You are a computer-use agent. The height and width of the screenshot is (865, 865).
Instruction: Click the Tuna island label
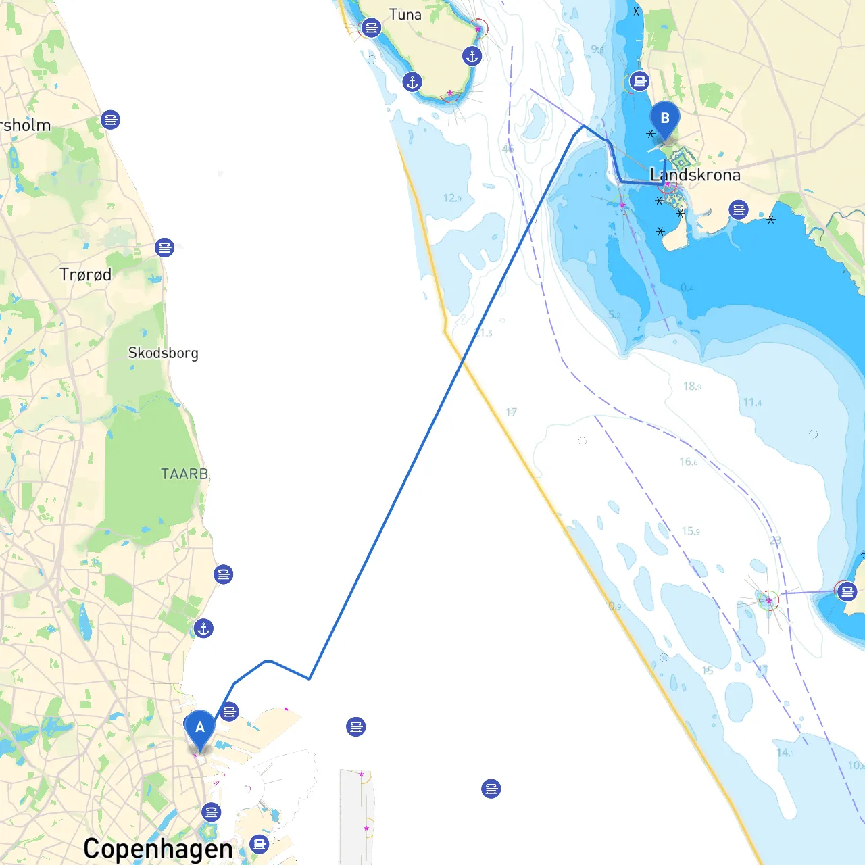tap(405, 14)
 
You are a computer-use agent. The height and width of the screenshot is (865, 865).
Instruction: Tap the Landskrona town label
tap(695, 175)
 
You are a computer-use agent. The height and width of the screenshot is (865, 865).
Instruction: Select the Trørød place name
tap(85, 274)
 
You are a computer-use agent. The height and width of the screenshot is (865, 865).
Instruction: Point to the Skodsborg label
tap(163, 353)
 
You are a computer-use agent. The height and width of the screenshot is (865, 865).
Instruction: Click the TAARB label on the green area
tap(184, 474)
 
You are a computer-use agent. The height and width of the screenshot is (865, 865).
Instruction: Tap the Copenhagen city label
tap(157, 849)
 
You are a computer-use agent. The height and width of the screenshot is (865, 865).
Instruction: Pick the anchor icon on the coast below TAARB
tap(203, 628)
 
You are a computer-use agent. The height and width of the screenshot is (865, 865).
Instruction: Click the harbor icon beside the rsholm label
tap(111, 120)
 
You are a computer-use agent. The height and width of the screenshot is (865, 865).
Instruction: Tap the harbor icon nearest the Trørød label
tap(164, 247)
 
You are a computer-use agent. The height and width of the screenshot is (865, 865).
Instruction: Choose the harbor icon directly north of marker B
tap(639, 82)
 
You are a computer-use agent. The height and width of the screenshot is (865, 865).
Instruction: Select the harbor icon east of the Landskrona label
tap(739, 209)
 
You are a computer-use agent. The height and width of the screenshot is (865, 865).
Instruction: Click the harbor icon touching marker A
tap(230, 712)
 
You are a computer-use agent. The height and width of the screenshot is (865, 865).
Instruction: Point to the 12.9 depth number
tap(452, 198)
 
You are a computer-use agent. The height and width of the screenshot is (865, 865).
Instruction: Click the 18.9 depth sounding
tap(692, 386)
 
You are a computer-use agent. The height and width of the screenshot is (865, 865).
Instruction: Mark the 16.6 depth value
tap(689, 462)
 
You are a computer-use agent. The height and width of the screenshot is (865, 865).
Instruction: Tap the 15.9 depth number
tap(691, 531)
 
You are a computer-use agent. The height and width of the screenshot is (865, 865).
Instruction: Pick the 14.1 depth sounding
tap(785, 752)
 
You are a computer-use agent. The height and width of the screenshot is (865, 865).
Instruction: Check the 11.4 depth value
tap(752, 403)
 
